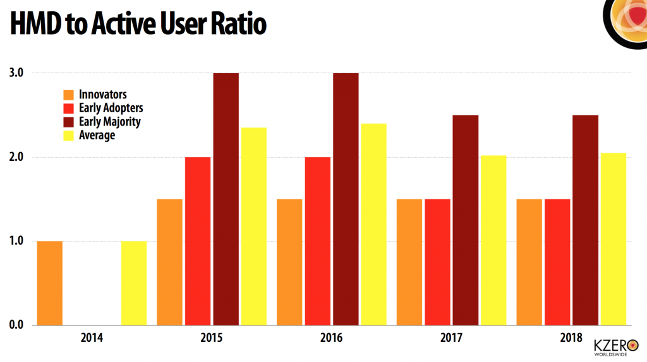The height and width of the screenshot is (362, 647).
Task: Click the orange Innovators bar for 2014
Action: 50,283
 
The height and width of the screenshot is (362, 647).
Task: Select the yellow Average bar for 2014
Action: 133,283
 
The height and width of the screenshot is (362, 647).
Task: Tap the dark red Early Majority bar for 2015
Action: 226,199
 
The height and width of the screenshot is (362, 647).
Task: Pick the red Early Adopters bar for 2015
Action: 198,241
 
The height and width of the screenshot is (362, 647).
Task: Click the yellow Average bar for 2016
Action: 373,224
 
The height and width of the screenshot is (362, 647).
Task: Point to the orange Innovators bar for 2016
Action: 289,262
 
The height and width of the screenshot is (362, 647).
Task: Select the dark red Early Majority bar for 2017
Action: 465,219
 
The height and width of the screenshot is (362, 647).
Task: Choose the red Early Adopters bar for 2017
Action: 437,262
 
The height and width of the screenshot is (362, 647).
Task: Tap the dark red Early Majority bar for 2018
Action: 585,219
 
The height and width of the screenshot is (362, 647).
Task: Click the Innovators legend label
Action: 103,95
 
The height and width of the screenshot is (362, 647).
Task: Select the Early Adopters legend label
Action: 111,108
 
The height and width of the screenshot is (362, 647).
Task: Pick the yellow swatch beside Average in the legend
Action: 68,136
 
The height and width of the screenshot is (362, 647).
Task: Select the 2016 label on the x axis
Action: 331,337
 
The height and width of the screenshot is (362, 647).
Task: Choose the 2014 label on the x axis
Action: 92,337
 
